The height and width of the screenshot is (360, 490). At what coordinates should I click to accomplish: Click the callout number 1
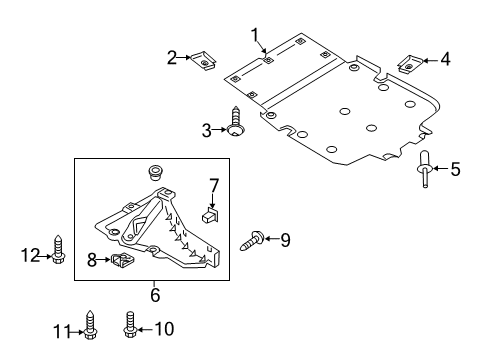point(255,35)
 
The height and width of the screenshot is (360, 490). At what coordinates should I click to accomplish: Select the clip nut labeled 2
point(203,60)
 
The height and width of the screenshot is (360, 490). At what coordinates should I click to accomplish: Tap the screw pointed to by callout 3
point(236,122)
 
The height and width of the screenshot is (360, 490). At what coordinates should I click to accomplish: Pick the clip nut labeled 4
point(410,64)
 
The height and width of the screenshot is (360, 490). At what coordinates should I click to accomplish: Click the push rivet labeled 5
point(425,169)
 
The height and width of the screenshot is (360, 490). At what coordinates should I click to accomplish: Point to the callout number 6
point(155,295)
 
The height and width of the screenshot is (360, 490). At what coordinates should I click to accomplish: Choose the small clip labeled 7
point(210,215)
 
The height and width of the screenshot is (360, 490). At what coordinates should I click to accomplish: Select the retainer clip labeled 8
point(122,260)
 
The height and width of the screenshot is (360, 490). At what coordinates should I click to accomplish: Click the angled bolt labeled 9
point(252,241)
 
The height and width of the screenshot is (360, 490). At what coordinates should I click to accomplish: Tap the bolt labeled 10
point(130,324)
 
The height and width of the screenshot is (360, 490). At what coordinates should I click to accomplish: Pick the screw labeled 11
point(89,325)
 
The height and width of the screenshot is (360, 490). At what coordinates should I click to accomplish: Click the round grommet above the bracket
point(154,172)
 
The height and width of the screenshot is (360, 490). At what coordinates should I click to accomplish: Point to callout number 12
point(30,256)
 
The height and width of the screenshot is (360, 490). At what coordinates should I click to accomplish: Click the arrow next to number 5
point(441,169)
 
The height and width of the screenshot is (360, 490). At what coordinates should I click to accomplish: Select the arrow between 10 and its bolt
point(145,329)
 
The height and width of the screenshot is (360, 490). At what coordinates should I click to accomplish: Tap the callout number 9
point(285,240)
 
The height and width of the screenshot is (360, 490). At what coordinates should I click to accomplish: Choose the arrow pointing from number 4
point(430,61)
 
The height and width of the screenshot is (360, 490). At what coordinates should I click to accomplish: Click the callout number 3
point(207,130)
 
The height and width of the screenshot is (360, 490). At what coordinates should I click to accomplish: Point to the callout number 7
point(214,186)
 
